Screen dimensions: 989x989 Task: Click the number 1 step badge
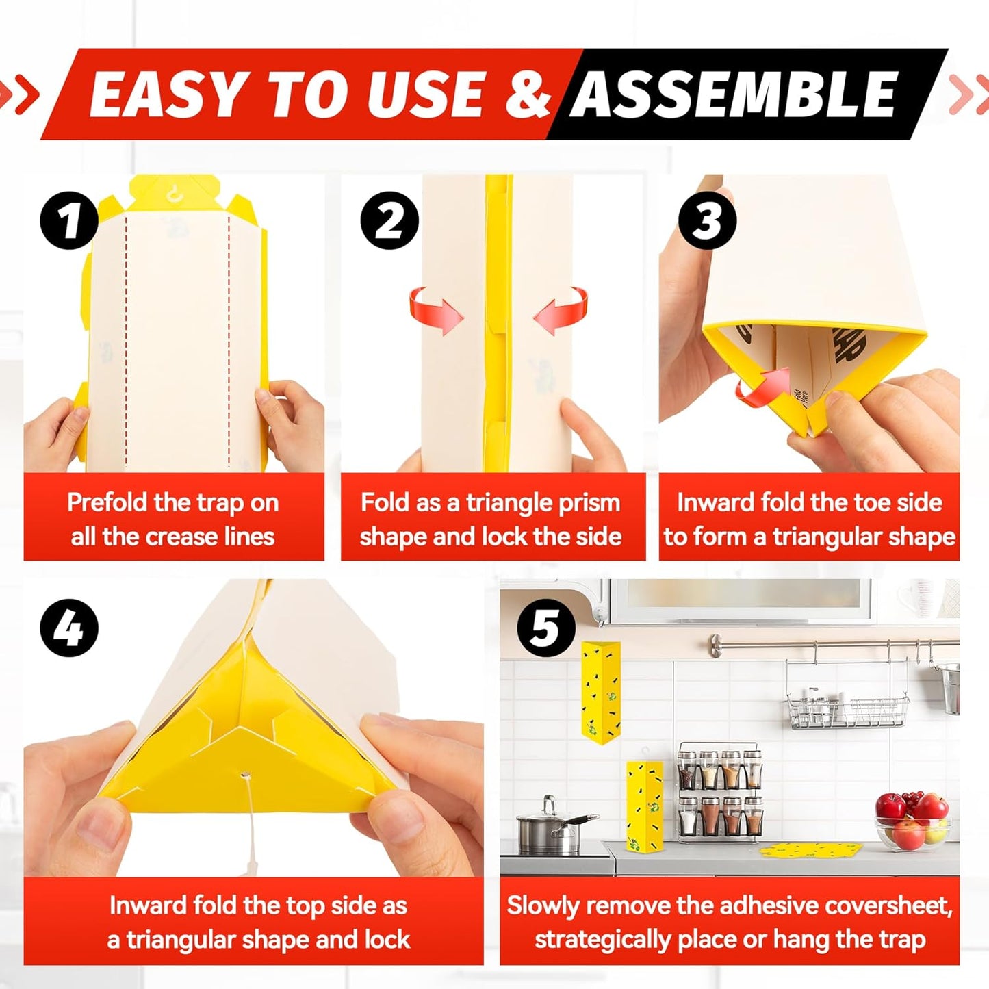(x=69, y=220)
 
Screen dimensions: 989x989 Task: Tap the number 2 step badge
(x=389, y=220)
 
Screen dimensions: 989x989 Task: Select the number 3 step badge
(x=707, y=220)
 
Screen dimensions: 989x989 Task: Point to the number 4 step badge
(x=69, y=628)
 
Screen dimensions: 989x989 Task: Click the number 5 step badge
(x=546, y=628)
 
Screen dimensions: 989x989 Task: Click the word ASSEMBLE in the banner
(x=734, y=94)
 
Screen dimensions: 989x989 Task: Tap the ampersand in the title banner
(x=528, y=94)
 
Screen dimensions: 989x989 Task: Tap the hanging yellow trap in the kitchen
(x=600, y=690)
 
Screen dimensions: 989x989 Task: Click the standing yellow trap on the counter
(x=644, y=806)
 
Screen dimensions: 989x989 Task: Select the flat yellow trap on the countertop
(x=810, y=850)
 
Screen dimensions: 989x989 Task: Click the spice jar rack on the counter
(x=719, y=791)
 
